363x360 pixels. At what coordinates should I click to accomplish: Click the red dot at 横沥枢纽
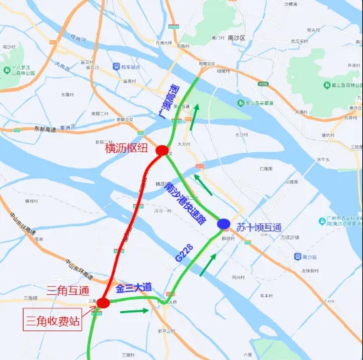point(162,151)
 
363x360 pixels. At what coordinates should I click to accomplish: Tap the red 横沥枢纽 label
point(129,148)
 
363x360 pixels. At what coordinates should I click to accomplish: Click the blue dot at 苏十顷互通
point(223,223)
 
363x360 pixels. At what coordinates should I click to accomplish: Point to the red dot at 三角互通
point(103,303)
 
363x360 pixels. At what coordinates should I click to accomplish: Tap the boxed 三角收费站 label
point(53,320)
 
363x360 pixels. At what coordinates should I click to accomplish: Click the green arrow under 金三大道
point(136,310)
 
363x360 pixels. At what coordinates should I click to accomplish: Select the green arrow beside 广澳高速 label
point(194,120)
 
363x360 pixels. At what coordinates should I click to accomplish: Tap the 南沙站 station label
point(309,257)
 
